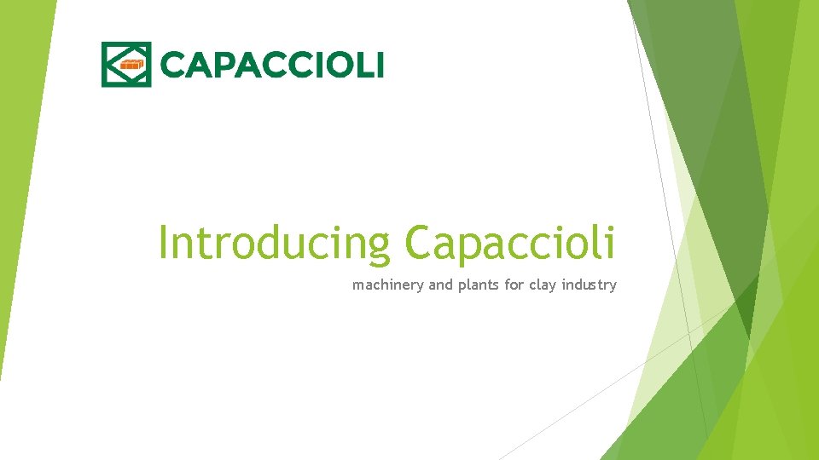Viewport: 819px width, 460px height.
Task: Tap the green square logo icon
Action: tap(126, 64)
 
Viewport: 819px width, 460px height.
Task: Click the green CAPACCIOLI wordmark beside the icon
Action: tap(272, 64)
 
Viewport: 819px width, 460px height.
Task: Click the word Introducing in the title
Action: tap(274, 243)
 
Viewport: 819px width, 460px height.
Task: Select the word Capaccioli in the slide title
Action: tap(509, 243)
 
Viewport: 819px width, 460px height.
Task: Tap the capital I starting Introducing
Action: tap(164, 243)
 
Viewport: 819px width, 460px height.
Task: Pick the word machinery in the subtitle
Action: tap(388, 285)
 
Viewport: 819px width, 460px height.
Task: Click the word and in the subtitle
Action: tap(440, 285)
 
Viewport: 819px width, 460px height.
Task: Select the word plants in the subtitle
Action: tap(479, 285)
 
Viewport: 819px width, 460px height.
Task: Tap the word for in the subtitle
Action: tap(514, 285)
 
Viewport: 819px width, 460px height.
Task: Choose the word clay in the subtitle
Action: tap(543, 285)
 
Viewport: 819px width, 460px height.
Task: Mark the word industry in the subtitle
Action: tap(590, 285)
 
